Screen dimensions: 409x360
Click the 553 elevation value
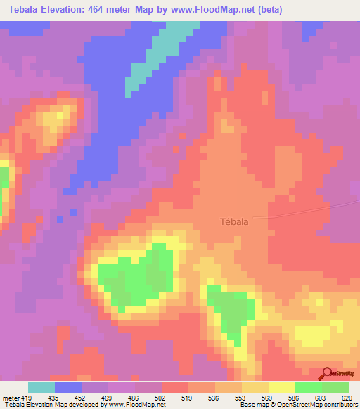coord(241,397)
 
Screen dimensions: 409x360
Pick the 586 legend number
coord(295,397)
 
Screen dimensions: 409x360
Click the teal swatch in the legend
coord(41,387)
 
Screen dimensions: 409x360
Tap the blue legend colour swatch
coord(68,387)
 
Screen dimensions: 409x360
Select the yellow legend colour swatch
coord(281,387)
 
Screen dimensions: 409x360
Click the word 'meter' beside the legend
coord(11,397)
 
